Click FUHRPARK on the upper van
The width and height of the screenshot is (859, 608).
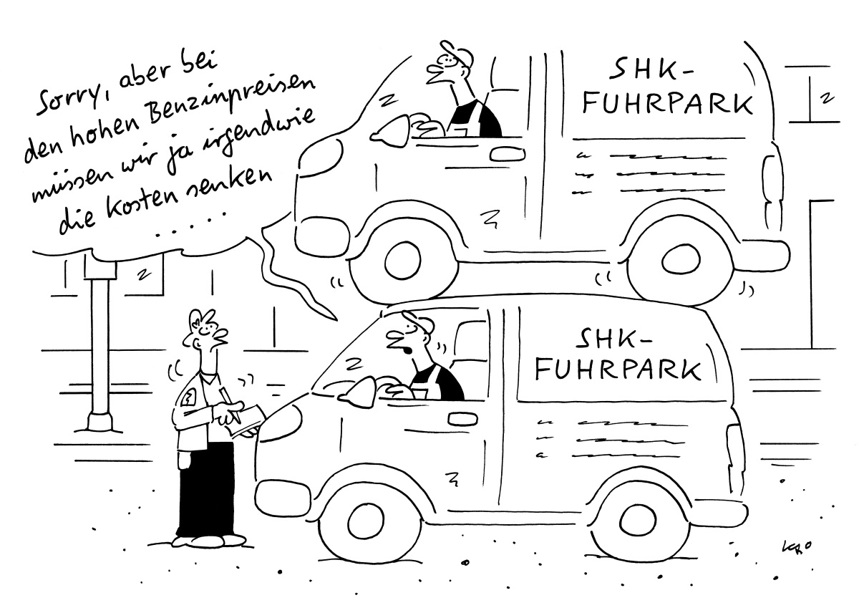pyautogui.click(x=667, y=103)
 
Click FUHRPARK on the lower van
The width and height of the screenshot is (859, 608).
pyautogui.click(x=618, y=370)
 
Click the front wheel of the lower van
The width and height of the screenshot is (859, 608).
pyautogui.click(x=367, y=519)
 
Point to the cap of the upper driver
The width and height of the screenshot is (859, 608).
pyautogui.click(x=457, y=53)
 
